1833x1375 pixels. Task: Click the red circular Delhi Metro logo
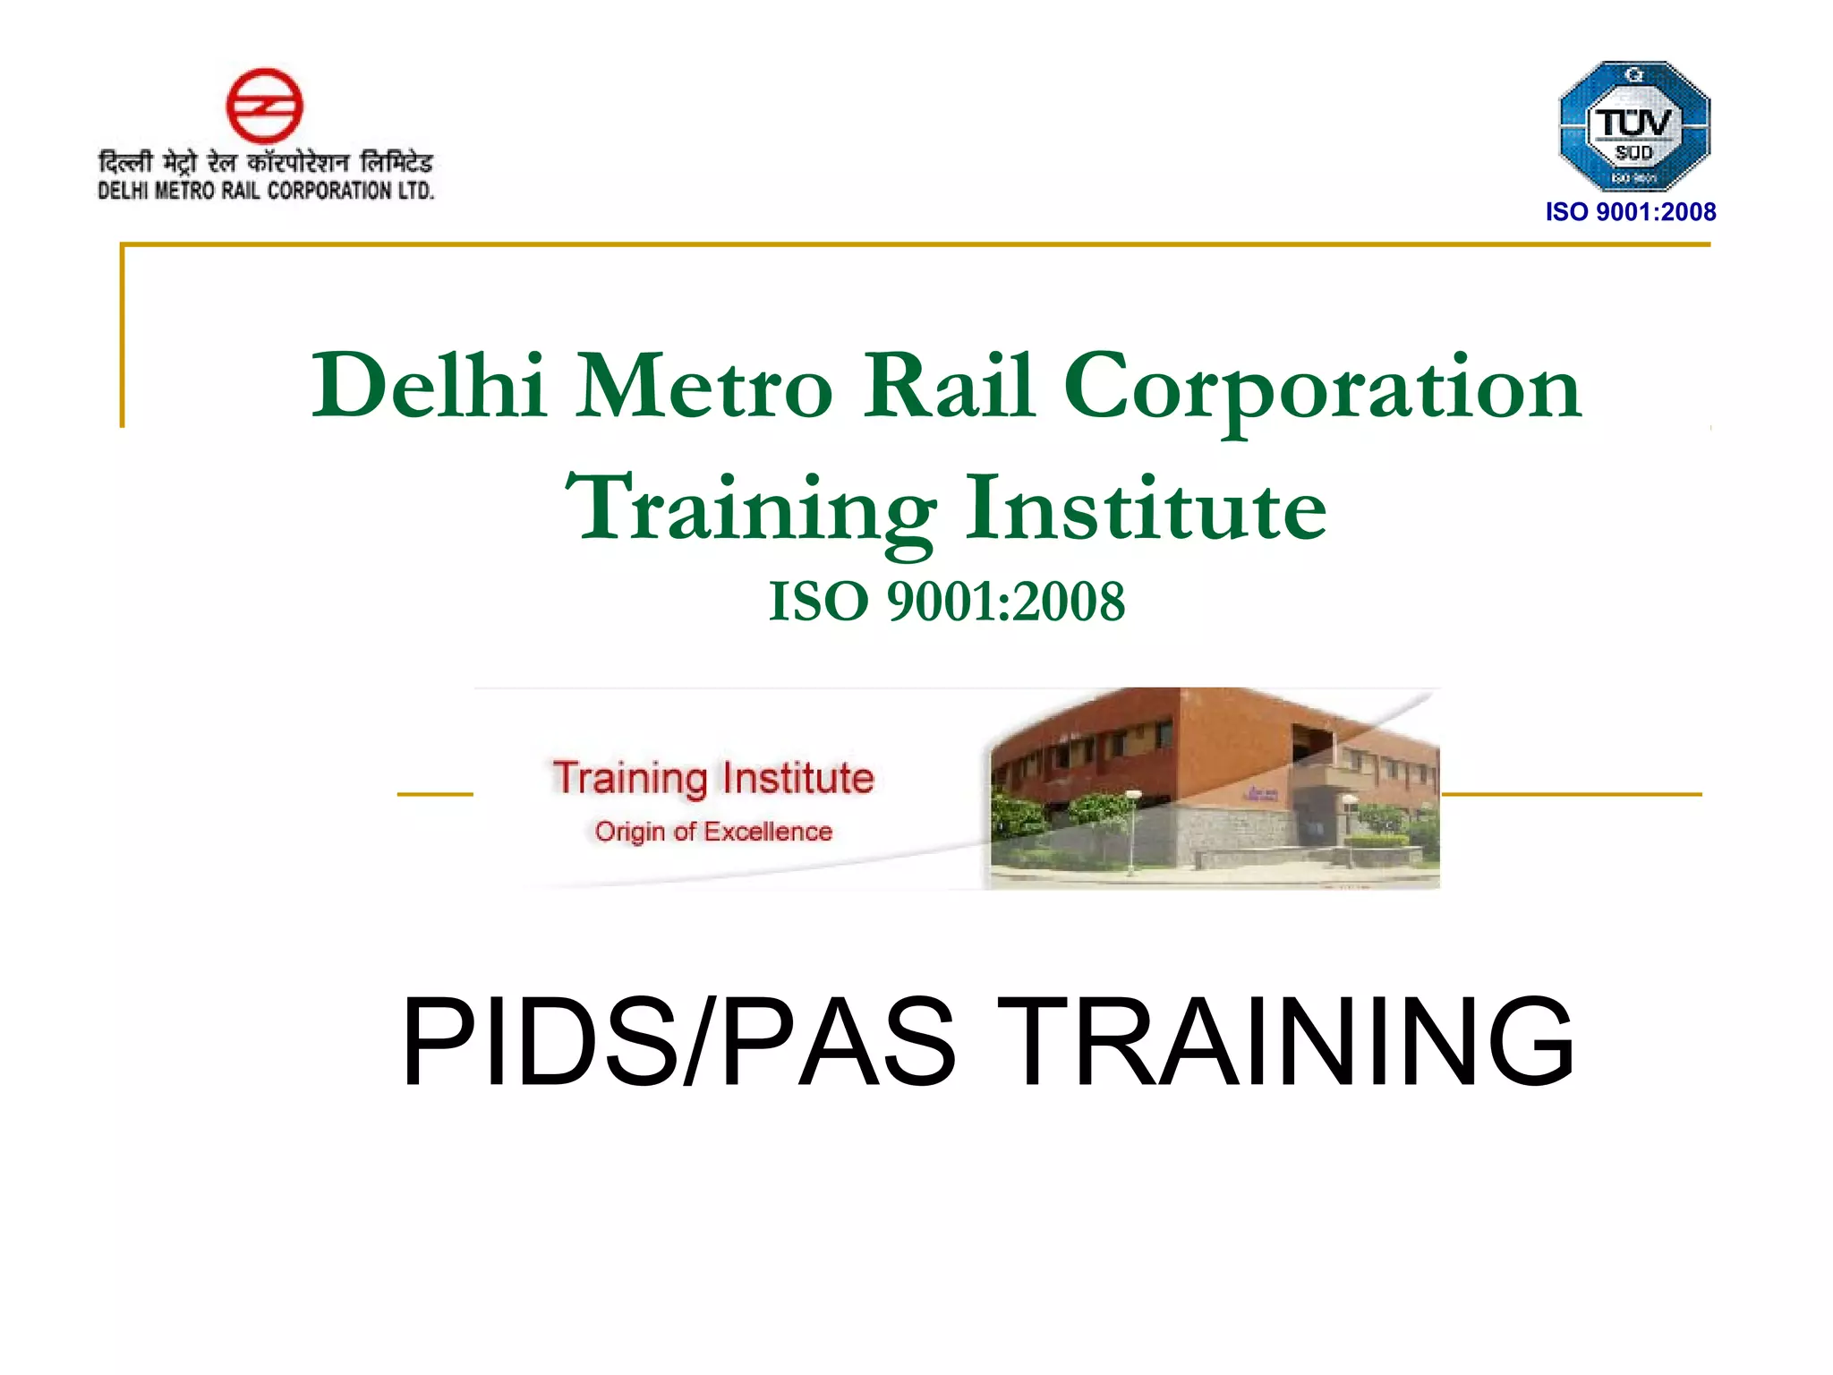(x=264, y=106)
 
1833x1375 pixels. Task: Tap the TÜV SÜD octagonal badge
(x=1634, y=125)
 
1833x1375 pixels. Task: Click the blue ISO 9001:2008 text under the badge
(x=1631, y=212)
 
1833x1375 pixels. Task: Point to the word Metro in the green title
(x=703, y=387)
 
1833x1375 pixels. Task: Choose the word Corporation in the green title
(x=1322, y=389)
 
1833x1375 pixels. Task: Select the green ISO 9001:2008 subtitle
(x=947, y=601)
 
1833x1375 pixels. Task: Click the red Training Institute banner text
(x=712, y=778)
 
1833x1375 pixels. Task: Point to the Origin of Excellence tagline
(x=713, y=832)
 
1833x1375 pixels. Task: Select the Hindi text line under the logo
(x=265, y=163)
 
